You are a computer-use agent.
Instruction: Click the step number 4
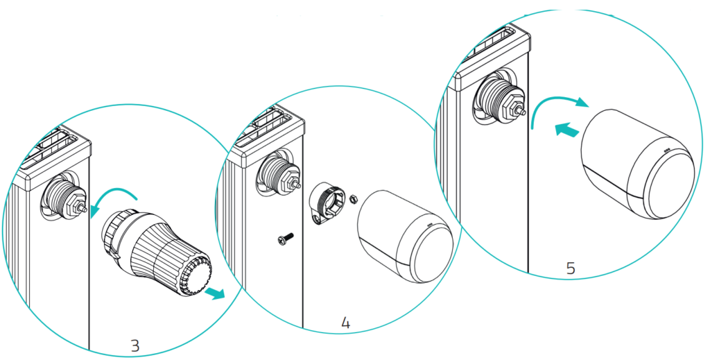click(x=345, y=322)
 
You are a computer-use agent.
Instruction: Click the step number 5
click(x=571, y=268)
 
